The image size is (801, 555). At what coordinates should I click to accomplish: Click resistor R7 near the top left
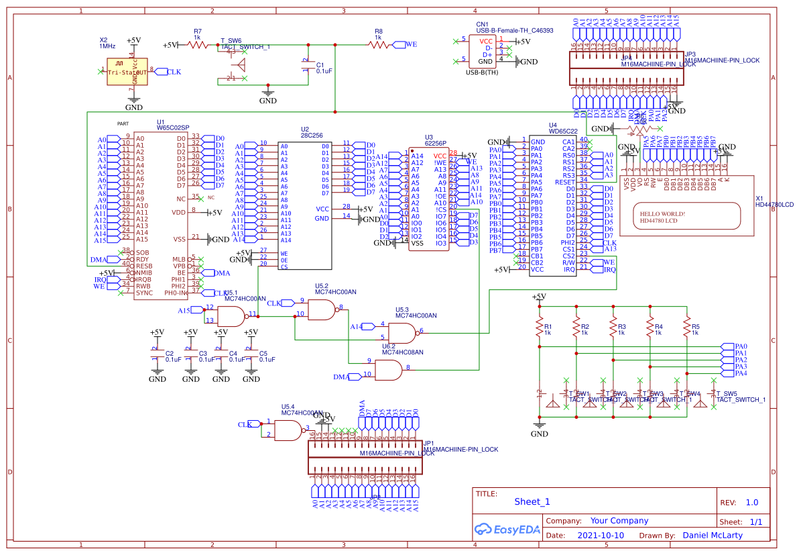pyautogui.click(x=198, y=45)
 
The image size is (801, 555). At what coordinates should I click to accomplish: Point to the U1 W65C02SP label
pyautogui.click(x=172, y=127)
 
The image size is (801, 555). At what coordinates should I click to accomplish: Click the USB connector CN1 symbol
pyautogui.click(x=485, y=51)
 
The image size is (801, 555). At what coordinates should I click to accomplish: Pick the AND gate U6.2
pyautogui.click(x=389, y=369)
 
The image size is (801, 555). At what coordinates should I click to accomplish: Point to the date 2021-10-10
pyautogui.click(x=601, y=536)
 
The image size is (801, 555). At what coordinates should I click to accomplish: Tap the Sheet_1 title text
pyautogui.click(x=532, y=501)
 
